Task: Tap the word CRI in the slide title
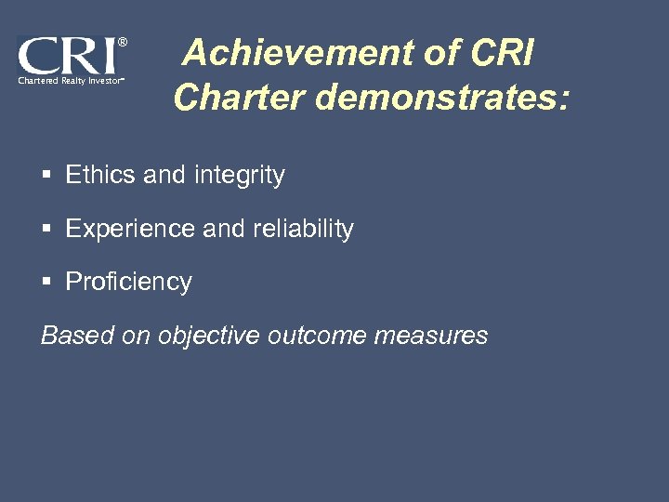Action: [x=503, y=55]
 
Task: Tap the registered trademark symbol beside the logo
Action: [x=123, y=42]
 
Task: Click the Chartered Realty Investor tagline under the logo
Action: [x=69, y=82]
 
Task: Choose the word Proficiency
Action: [x=128, y=283]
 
